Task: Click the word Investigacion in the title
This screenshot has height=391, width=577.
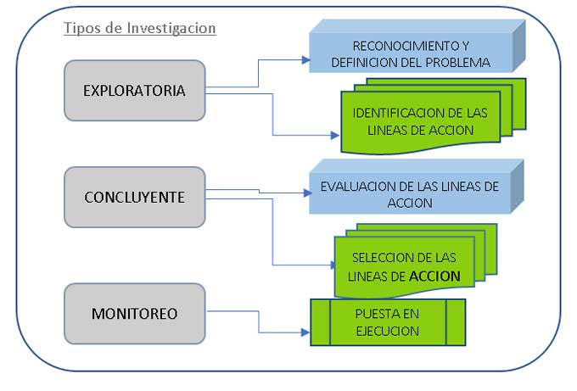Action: (171, 28)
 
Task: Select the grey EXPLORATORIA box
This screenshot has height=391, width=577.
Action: (134, 91)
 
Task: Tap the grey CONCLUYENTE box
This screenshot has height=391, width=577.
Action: (134, 197)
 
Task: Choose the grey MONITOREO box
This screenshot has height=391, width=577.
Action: (134, 313)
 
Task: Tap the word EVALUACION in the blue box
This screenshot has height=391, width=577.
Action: (362, 187)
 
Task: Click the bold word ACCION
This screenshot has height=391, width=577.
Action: (434, 276)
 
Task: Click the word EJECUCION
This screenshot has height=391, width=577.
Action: (388, 331)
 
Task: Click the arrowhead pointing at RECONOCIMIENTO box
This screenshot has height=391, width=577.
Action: (305, 60)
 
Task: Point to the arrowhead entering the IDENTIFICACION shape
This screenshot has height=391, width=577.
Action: (335, 136)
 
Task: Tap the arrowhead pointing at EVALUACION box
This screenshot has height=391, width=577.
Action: (307, 193)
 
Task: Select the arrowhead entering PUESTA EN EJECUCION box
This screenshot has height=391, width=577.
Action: (305, 332)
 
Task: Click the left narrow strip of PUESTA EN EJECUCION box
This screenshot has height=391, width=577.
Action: (321, 322)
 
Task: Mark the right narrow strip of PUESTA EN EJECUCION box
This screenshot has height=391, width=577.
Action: (456, 322)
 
